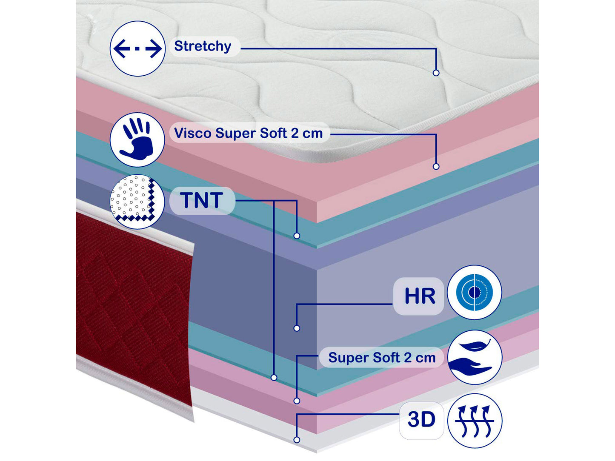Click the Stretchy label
point(203,46)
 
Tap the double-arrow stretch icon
point(137,49)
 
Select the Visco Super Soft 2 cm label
point(249,133)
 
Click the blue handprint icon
point(137,139)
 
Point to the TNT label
point(202,200)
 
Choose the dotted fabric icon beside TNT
point(137,202)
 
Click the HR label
point(419,296)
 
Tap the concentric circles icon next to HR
point(475,292)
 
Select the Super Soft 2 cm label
point(382,358)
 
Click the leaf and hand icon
point(475,357)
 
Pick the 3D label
point(421,420)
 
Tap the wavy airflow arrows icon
point(475,421)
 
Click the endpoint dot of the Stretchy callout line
point(436,73)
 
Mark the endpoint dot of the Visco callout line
point(436,166)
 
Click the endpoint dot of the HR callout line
point(297,328)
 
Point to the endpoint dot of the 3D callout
point(297,440)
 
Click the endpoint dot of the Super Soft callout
point(297,401)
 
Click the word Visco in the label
point(193,133)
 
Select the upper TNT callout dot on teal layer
point(297,236)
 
